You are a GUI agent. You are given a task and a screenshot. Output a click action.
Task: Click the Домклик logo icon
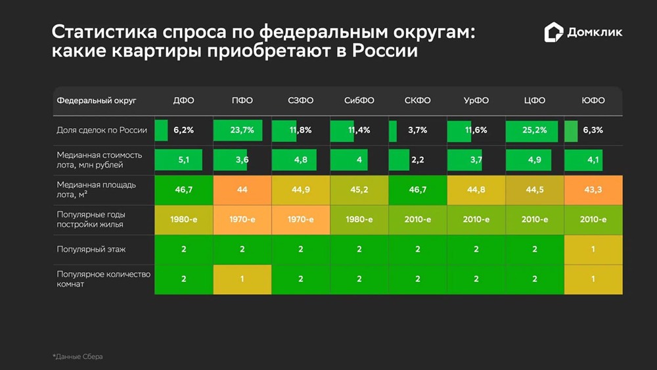(x=555, y=32)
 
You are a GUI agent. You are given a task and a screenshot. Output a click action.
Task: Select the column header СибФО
(x=359, y=101)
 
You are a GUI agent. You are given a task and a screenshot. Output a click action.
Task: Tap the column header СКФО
(x=418, y=101)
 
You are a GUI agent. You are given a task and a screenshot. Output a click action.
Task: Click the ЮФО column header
(x=593, y=101)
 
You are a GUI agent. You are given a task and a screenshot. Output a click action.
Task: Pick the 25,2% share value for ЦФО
(x=535, y=130)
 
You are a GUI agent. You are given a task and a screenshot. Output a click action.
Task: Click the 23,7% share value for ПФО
(x=242, y=130)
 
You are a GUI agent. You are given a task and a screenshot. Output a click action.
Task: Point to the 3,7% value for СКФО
(x=418, y=130)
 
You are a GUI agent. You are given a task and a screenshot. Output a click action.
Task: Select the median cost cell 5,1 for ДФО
(x=184, y=160)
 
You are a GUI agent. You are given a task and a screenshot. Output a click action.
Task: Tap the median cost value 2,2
(x=418, y=160)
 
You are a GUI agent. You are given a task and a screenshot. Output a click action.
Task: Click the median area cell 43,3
(x=593, y=189)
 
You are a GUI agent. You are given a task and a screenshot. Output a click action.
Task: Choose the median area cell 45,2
(x=359, y=189)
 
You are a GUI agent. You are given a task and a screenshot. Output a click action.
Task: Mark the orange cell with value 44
(x=242, y=189)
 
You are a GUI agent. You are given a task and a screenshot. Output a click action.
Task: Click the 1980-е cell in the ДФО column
(x=184, y=220)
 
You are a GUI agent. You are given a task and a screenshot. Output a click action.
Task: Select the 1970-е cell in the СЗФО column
(x=301, y=220)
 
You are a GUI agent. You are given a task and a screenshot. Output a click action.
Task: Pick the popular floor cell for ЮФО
(x=593, y=249)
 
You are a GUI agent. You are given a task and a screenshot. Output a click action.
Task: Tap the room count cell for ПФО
(x=242, y=279)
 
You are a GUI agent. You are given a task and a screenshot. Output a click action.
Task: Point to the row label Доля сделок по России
(x=102, y=130)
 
